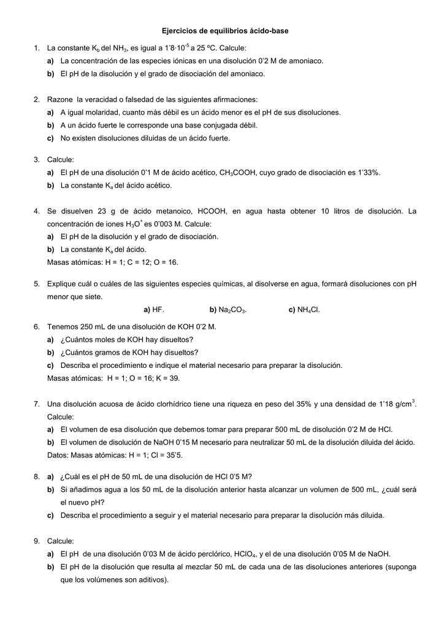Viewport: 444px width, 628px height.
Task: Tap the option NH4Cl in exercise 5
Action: coord(308,310)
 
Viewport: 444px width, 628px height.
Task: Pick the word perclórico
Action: coord(204,554)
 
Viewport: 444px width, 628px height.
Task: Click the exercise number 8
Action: coord(37,477)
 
